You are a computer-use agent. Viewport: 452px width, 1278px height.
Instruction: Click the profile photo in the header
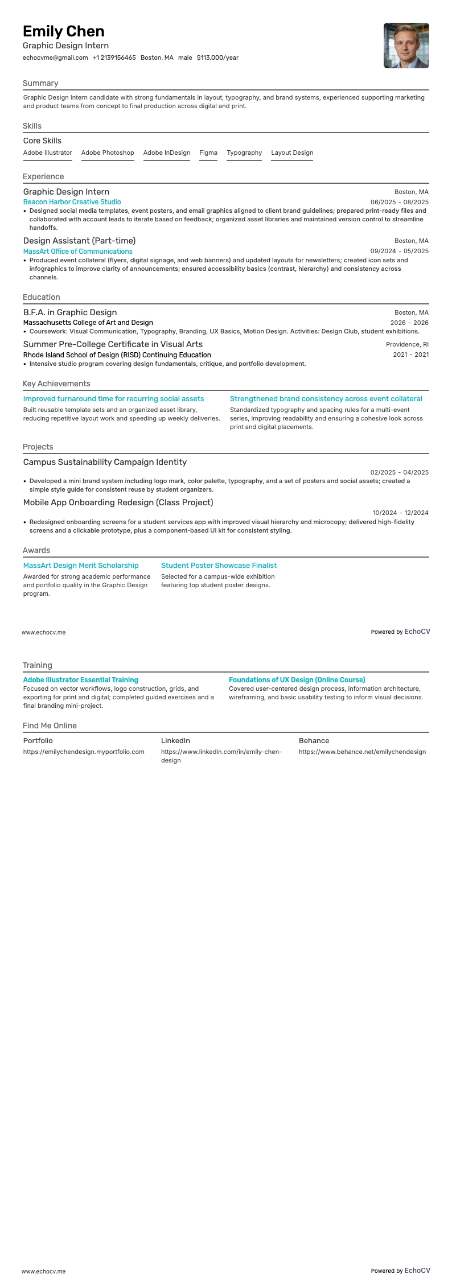tap(406, 46)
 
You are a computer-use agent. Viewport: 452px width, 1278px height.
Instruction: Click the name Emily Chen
tap(64, 31)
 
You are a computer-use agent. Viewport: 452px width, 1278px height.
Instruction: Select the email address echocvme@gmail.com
tap(55, 57)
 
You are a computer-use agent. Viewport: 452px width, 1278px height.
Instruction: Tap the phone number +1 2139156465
tap(114, 57)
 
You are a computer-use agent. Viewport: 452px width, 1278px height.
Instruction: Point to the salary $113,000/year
tap(217, 57)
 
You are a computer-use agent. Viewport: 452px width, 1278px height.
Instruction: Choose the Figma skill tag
tap(208, 152)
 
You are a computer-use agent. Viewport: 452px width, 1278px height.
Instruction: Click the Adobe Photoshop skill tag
tap(108, 152)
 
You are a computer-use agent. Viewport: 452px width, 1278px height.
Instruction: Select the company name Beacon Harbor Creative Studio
tap(72, 202)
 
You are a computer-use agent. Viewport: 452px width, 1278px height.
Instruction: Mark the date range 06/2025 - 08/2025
tap(399, 202)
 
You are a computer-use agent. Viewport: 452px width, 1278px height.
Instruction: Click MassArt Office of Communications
tap(77, 252)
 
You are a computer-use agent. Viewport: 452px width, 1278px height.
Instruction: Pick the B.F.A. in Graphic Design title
tap(70, 312)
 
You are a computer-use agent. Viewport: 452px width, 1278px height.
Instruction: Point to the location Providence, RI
tap(407, 344)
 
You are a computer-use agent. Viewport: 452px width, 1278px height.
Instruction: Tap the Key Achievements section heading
tap(56, 384)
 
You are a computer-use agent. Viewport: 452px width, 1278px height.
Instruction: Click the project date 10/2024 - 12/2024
tap(400, 513)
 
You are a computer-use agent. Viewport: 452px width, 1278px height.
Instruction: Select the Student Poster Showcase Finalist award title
tap(219, 566)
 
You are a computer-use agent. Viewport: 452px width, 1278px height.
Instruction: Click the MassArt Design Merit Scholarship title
tap(81, 566)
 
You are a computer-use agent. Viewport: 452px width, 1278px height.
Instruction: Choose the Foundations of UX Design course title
tap(297, 680)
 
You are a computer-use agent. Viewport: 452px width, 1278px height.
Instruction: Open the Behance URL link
tap(362, 752)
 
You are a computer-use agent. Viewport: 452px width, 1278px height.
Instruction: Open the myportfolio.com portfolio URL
tap(84, 752)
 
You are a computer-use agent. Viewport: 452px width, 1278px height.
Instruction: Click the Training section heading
tap(37, 665)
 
